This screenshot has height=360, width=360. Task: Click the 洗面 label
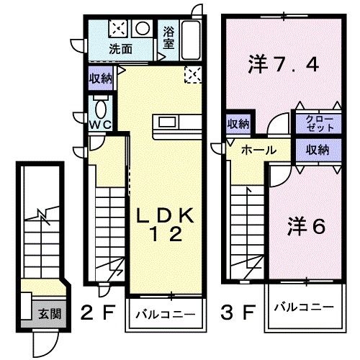(120, 50)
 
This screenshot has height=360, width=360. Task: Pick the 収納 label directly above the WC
(100, 78)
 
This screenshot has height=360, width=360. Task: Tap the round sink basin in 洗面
(142, 29)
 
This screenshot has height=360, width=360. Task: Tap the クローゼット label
(315, 122)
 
